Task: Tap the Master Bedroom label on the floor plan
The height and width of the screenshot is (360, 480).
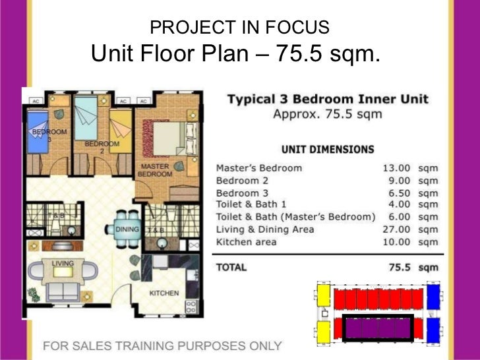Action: click(x=155, y=170)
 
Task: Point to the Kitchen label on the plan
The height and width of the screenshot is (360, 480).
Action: click(x=164, y=293)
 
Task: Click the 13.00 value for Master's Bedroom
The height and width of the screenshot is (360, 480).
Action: click(x=396, y=168)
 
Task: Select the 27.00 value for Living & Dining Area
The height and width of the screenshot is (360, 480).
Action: click(x=396, y=229)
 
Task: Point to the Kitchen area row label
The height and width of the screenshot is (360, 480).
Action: click(x=247, y=242)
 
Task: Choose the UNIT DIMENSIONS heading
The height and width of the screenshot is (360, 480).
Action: click(x=328, y=150)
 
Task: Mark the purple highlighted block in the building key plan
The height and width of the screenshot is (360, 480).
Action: click(x=375, y=326)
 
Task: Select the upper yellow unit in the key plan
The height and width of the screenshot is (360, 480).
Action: click(x=324, y=296)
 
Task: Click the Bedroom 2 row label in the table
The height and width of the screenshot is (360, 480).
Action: click(x=243, y=181)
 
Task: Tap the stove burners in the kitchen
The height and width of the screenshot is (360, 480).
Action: click(x=192, y=305)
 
